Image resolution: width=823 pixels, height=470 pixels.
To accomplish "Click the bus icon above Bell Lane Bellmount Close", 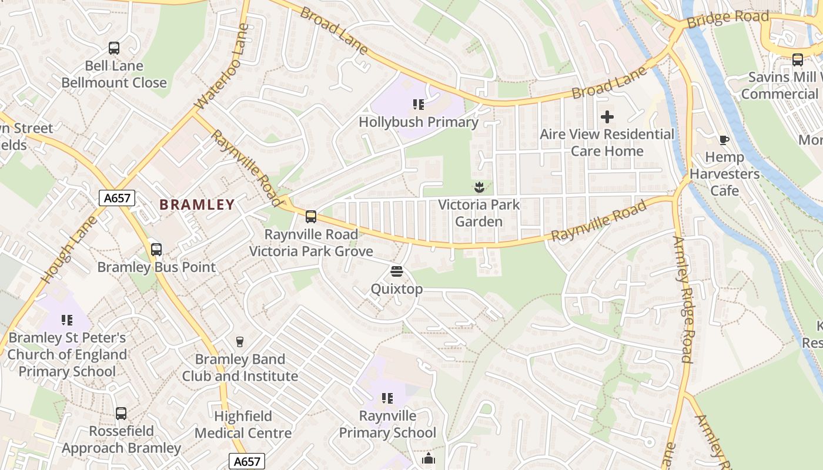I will [x=114, y=48].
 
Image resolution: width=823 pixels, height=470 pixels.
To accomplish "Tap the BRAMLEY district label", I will [x=198, y=204].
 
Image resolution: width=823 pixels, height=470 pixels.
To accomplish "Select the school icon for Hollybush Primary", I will [x=419, y=105].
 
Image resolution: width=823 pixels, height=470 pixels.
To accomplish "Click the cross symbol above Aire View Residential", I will [x=607, y=117].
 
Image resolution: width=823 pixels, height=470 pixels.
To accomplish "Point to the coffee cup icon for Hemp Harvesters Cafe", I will [x=724, y=140].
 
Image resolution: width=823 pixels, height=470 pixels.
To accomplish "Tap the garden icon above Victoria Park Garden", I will [x=479, y=187].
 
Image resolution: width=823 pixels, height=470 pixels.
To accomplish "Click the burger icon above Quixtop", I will [x=397, y=271].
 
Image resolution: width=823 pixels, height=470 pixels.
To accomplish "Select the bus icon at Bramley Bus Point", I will [x=156, y=250].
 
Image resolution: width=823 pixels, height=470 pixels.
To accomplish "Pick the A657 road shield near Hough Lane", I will [x=116, y=198].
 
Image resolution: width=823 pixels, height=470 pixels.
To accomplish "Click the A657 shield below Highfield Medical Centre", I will [x=247, y=461].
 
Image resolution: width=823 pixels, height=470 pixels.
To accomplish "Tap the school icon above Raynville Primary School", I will [x=387, y=398].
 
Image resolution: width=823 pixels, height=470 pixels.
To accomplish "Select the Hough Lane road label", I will [x=69, y=250].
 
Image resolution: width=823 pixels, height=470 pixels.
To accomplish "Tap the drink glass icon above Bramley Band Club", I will [x=239, y=341].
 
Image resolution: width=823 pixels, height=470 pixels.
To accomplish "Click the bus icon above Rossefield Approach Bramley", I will [x=121, y=414].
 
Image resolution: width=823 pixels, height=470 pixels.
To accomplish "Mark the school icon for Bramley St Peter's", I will [x=67, y=320].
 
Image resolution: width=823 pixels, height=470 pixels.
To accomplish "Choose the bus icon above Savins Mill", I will [x=798, y=59].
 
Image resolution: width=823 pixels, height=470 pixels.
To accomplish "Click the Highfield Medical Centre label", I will [x=243, y=425].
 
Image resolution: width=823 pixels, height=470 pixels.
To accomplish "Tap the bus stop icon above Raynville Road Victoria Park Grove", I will [x=311, y=217].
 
